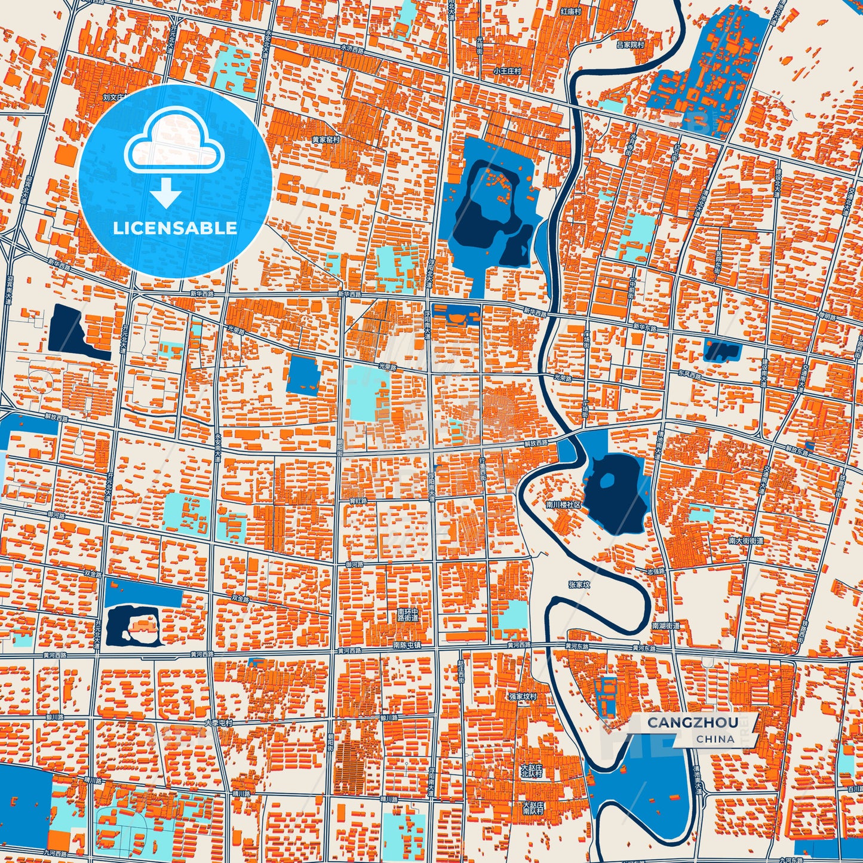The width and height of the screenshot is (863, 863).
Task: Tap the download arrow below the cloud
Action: pyautogui.click(x=167, y=194)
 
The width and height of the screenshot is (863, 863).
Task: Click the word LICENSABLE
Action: pyautogui.click(x=175, y=228)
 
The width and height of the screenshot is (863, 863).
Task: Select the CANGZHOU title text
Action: pyautogui.click(x=692, y=723)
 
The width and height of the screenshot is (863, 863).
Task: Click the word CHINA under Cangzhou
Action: pyautogui.click(x=715, y=739)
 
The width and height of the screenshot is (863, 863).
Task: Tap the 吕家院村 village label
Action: pyautogui.click(x=630, y=45)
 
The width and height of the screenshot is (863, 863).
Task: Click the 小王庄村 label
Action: pyautogui.click(x=507, y=70)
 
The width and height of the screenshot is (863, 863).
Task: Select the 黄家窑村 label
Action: pyautogui.click(x=325, y=139)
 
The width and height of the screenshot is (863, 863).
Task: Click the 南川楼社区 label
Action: pyautogui.click(x=563, y=504)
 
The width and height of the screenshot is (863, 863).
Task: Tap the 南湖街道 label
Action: pyautogui.click(x=666, y=625)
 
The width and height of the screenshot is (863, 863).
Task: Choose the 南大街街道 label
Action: pyautogui.click(x=746, y=540)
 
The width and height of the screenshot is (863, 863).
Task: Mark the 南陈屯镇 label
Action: pyautogui.click(x=407, y=645)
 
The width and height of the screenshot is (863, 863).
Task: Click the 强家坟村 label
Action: pyautogui.click(x=523, y=696)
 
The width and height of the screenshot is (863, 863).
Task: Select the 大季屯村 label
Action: pyautogui.click(x=218, y=722)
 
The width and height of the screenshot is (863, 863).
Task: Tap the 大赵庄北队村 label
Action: pyautogui.click(x=531, y=770)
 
